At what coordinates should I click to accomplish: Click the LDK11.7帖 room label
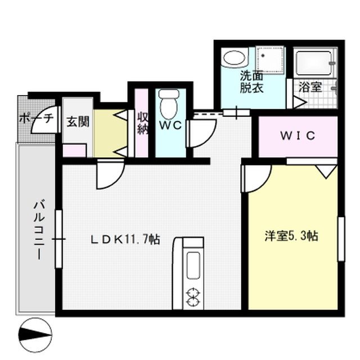[126, 239]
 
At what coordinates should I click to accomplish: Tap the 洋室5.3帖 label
[292, 236]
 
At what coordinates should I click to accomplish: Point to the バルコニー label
[38, 228]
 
